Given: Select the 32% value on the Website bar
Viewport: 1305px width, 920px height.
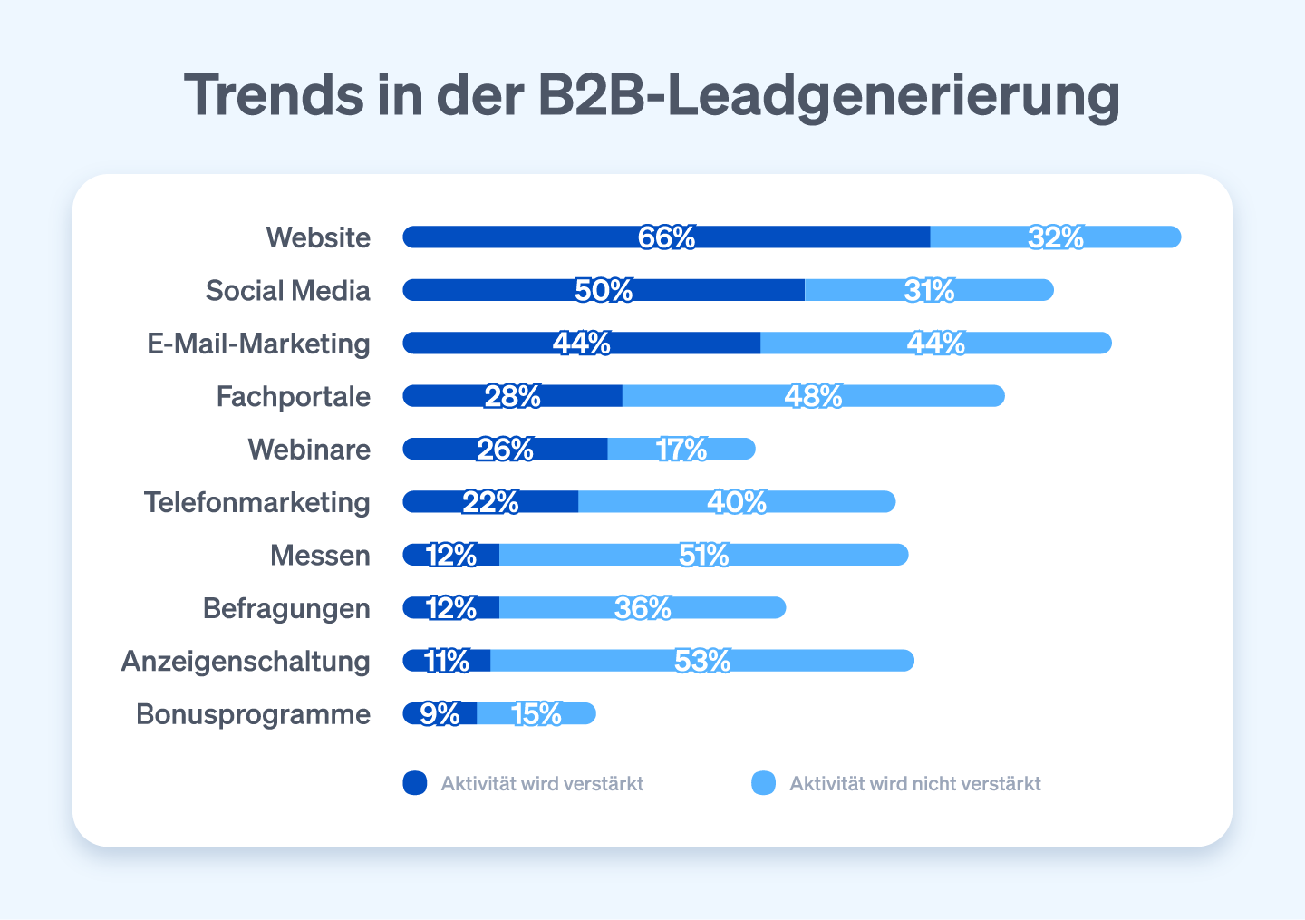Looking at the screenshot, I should pyautogui.click(x=1056, y=237).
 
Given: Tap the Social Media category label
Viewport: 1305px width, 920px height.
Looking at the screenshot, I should pyautogui.click(x=287, y=291).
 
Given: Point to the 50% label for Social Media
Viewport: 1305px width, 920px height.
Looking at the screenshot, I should pyautogui.click(x=604, y=290).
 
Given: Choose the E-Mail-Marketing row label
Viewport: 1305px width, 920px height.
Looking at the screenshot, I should pyautogui.click(x=258, y=344).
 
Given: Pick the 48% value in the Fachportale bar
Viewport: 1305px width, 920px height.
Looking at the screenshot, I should pyautogui.click(x=813, y=396).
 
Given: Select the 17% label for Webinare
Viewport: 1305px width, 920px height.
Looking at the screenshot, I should pyautogui.click(x=681, y=449).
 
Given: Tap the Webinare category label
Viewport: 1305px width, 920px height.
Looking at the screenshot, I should pyautogui.click(x=309, y=450).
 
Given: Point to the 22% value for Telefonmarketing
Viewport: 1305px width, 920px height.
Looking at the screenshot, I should pyautogui.click(x=490, y=502).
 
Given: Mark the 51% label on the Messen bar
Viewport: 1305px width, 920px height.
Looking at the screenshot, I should pyautogui.click(x=703, y=555).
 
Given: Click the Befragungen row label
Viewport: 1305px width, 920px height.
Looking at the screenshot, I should pyautogui.click(x=286, y=608).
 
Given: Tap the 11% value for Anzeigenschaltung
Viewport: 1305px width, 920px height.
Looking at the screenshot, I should pyautogui.click(x=447, y=661).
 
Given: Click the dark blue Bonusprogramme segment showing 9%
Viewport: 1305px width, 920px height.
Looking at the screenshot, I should pyautogui.click(x=440, y=714).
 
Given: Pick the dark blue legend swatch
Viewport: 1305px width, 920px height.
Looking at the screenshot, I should pyautogui.click(x=415, y=783).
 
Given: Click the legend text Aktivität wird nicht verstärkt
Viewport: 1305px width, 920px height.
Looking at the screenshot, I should pyautogui.click(x=914, y=784).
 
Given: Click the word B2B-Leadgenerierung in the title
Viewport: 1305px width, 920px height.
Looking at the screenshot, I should pyautogui.click(x=828, y=95).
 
